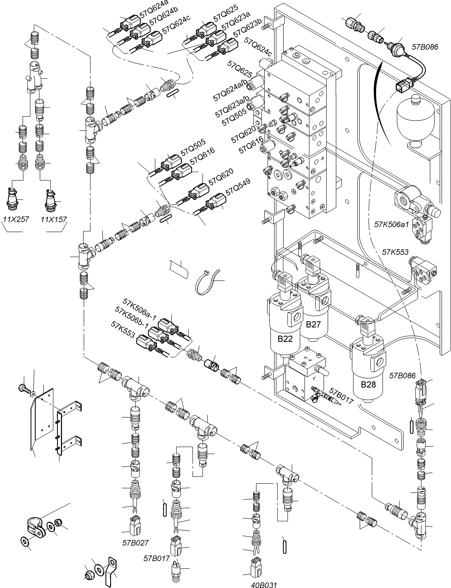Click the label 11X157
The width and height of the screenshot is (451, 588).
(54, 219)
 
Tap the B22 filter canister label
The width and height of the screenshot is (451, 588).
(285, 339)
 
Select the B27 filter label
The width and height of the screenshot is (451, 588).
(313, 324)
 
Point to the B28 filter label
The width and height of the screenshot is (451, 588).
(368, 384)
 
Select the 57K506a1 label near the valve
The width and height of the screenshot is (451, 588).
(391, 224)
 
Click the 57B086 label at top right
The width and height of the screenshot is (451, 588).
(425, 47)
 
